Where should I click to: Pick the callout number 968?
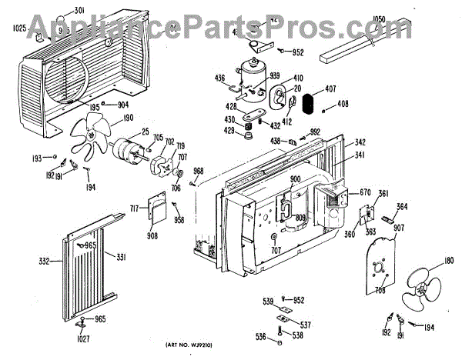[198, 170]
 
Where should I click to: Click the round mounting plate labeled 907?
[379, 266]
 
